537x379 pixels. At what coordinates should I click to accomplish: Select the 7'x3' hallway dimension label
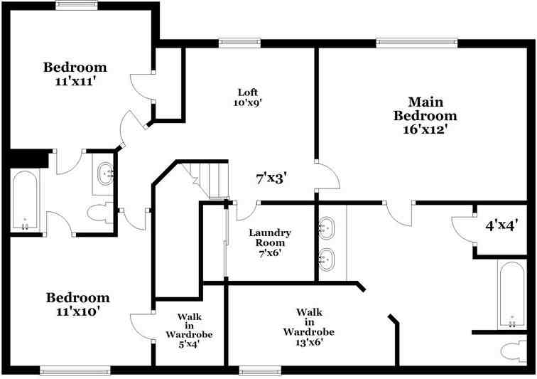point(271,178)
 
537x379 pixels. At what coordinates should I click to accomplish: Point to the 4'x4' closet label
point(501,226)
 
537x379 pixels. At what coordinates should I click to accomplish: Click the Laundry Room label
point(269,242)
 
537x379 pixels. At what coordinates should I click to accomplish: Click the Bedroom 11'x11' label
point(75,75)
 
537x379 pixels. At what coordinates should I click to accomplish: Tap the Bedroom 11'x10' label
point(78,304)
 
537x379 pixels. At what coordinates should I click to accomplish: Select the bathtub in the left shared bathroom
point(26,201)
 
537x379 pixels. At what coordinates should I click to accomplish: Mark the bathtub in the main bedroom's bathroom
point(510,294)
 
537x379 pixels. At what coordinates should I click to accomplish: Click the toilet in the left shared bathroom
point(99,212)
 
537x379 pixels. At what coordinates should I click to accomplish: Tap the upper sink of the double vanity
point(326,228)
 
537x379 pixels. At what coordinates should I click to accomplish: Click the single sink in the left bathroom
point(106,173)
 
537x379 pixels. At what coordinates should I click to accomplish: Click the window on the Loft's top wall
point(239,42)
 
